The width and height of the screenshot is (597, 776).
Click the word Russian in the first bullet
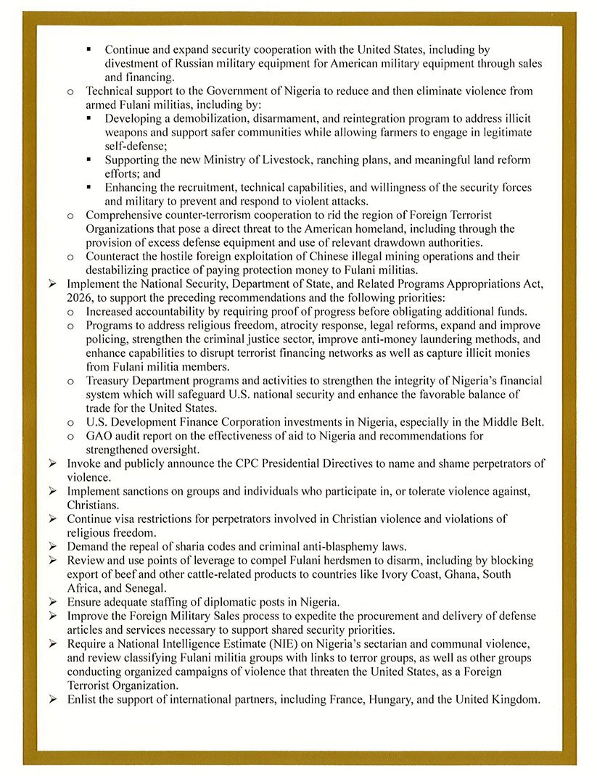tap(188, 64)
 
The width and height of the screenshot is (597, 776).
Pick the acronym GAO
tap(99, 436)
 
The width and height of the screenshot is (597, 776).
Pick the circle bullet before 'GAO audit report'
tap(70, 436)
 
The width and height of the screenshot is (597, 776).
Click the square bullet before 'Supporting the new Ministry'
tap(88, 160)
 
